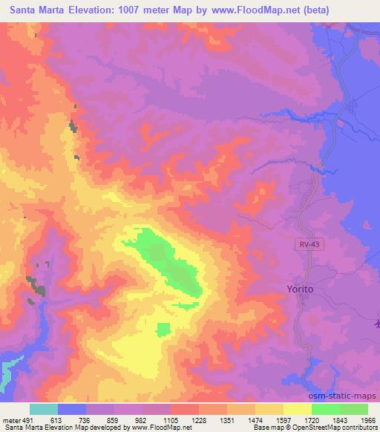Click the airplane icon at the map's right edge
377,323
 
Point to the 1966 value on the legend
369,419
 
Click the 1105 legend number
171,419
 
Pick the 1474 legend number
256,419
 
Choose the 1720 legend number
312,419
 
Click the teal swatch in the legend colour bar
44,409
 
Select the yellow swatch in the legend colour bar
297,409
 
